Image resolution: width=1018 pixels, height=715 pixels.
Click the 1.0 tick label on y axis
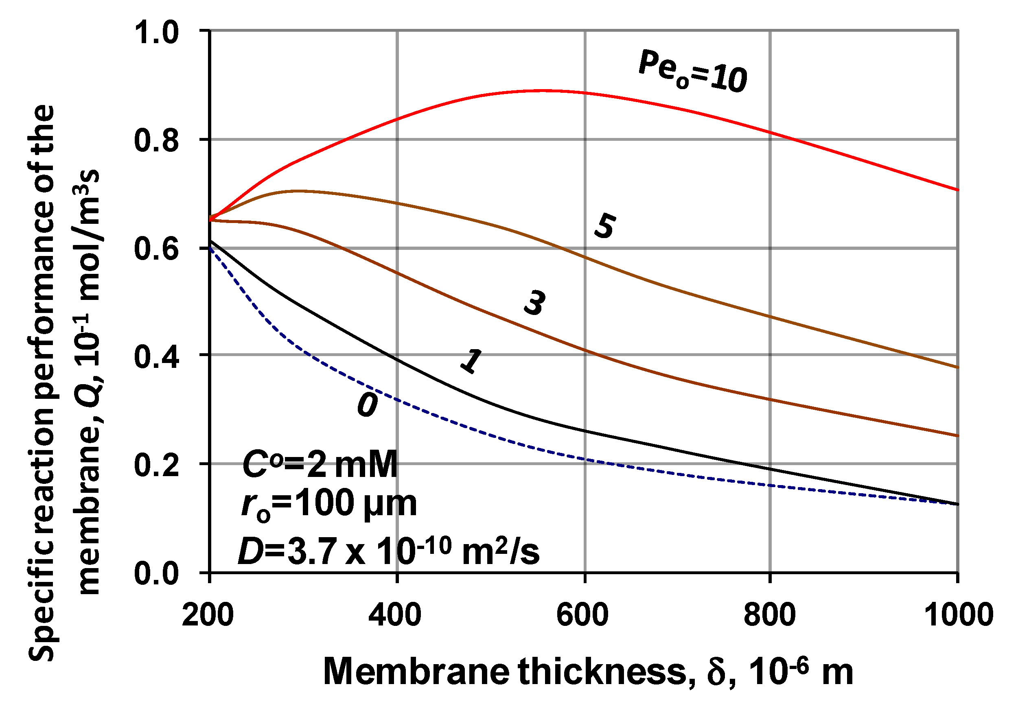156,33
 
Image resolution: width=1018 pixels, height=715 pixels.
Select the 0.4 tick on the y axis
156,357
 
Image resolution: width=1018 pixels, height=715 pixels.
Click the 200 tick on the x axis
208,615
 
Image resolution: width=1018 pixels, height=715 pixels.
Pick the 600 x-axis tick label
582,615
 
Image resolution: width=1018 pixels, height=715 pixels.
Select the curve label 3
535,303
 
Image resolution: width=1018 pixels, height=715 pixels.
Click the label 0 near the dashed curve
368,405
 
